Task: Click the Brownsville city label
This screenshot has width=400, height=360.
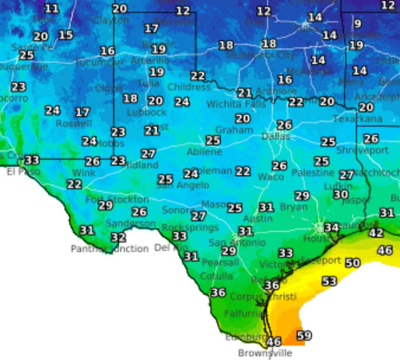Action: tap(265, 353)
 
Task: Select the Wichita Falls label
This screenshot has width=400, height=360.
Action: tap(236, 104)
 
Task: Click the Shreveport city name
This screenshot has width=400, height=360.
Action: tap(362, 150)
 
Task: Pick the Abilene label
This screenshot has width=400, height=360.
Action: tap(204, 152)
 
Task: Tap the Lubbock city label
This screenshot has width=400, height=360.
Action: tap(147, 112)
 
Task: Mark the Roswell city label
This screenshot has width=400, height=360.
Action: tap(73, 124)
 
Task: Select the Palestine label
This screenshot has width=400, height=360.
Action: tap(312, 172)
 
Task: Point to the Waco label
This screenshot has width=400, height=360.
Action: tap(271, 177)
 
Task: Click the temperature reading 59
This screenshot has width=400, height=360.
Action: tap(304, 336)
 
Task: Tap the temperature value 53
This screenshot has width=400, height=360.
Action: tap(329, 281)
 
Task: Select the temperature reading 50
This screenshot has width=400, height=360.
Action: tap(353, 263)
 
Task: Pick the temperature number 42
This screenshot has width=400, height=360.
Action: tap(376, 233)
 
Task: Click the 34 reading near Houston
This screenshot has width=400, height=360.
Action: tap(331, 227)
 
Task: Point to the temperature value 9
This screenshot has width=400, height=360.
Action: tap(357, 23)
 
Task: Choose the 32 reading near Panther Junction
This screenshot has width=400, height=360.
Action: tap(118, 238)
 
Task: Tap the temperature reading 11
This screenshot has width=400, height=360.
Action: tap(52, 8)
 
